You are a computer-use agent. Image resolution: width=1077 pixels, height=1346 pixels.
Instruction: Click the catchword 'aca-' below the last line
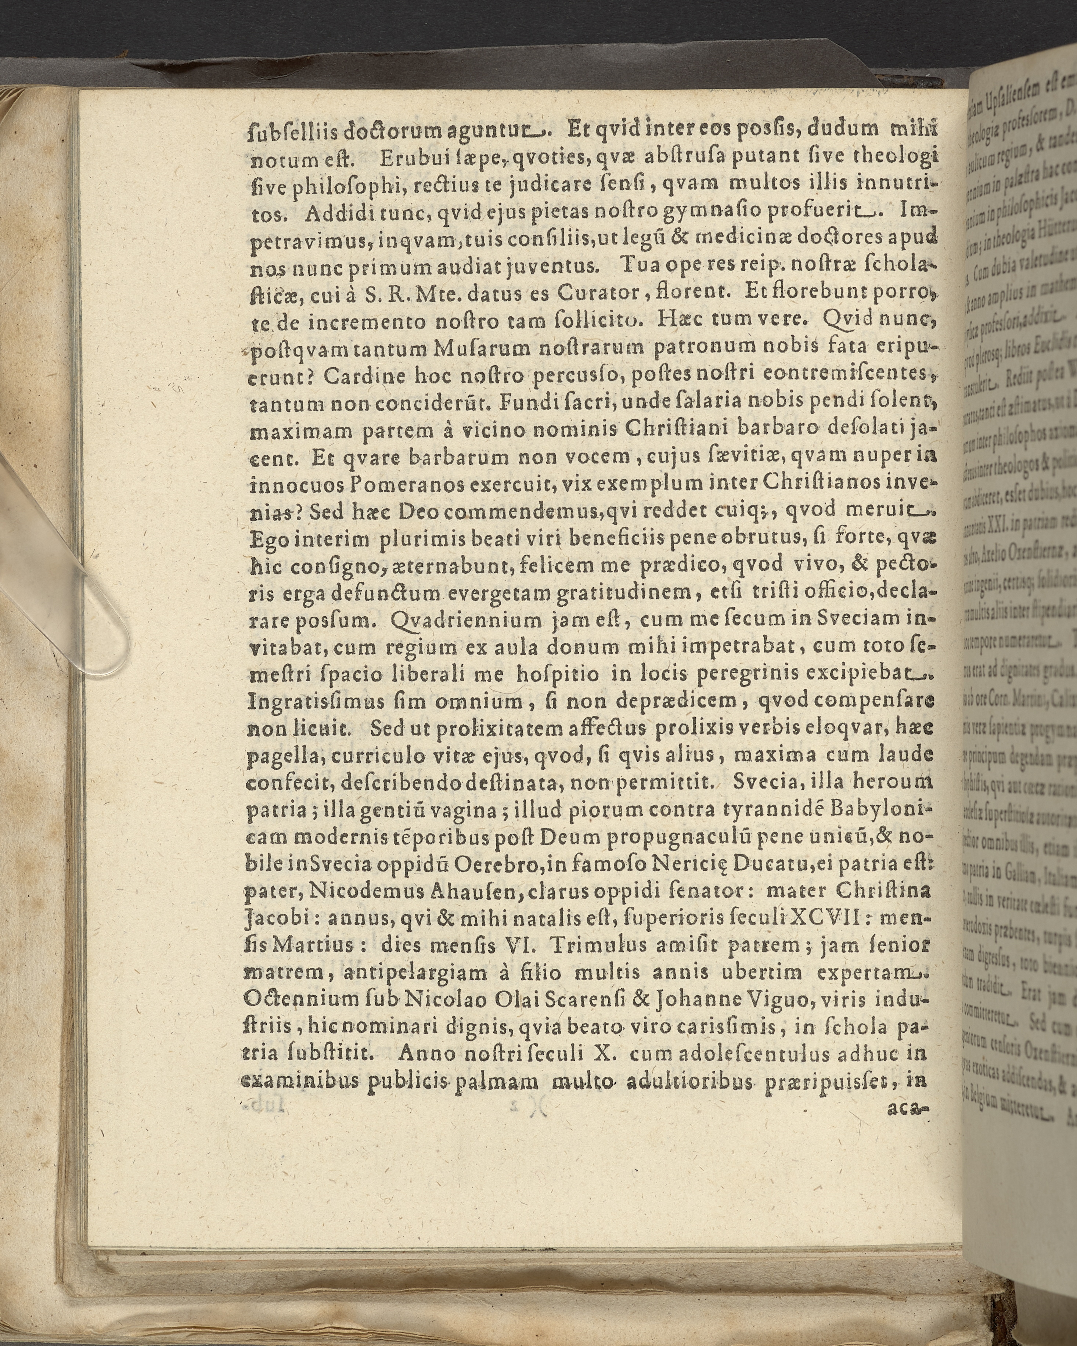[x=907, y=1109]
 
